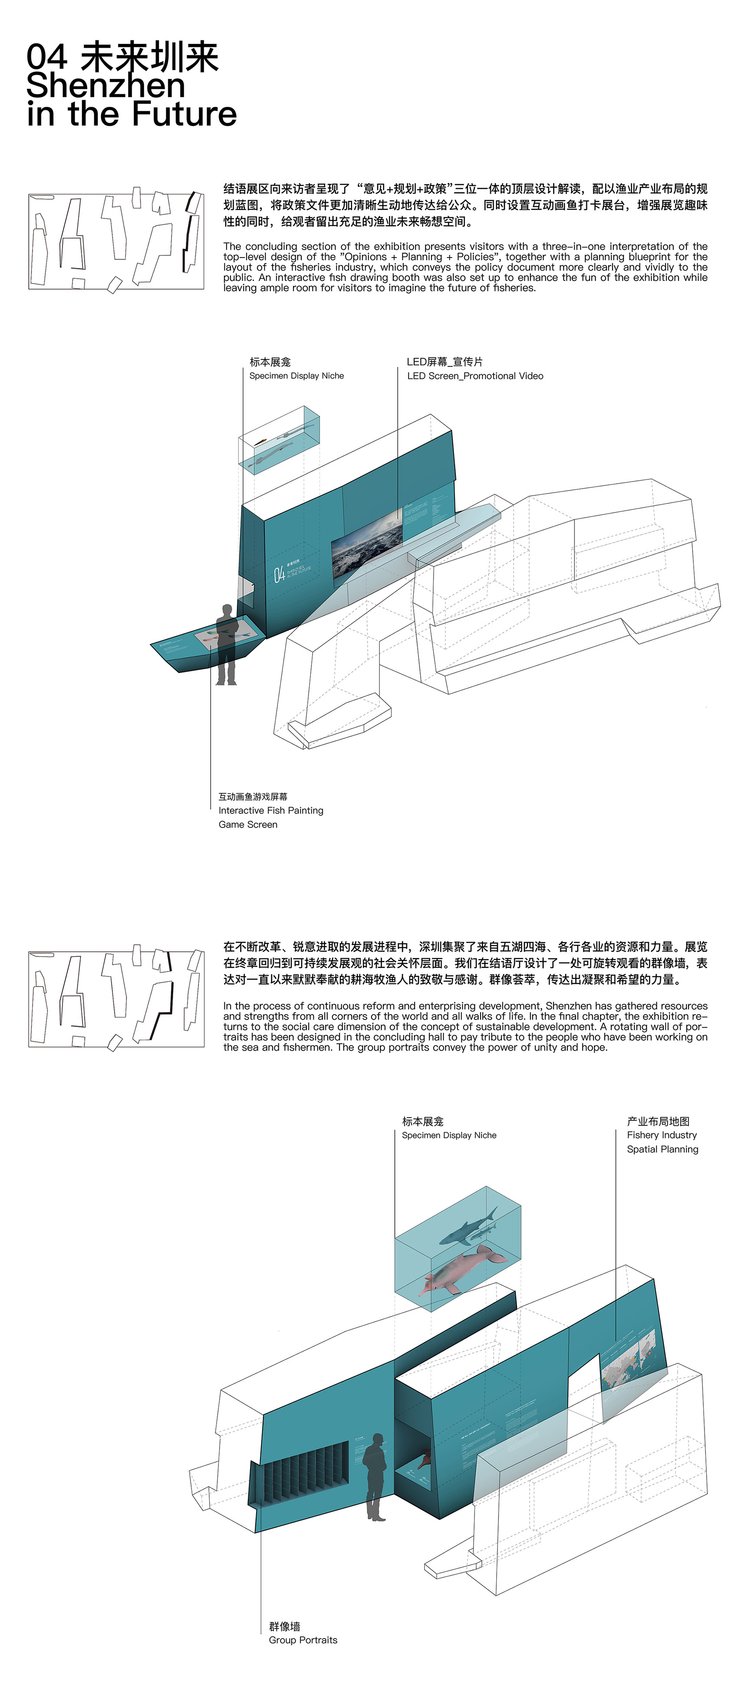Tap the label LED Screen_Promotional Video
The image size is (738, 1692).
tap(475, 376)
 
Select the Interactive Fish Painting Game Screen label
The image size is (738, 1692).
tap(270, 811)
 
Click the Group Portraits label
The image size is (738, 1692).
tap(303, 1639)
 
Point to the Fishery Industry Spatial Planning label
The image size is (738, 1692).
tap(662, 1141)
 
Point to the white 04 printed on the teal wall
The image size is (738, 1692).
tap(279, 574)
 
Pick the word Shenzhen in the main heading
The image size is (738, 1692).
tap(106, 86)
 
